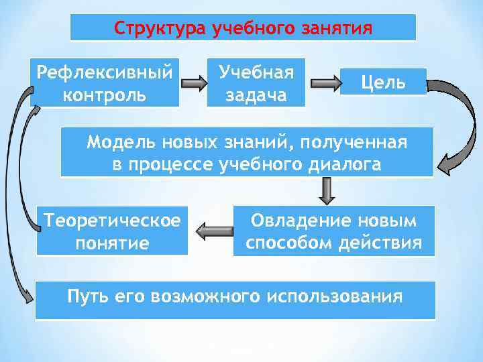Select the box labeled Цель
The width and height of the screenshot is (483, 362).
(383, 82)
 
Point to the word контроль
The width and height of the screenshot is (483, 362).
(104, 94)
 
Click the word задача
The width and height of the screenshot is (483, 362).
(256, 95)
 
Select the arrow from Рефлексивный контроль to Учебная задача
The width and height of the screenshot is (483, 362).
(194, 84)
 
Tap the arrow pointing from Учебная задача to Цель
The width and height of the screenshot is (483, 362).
(325, 84)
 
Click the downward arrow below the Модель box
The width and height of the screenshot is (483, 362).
(327, 192)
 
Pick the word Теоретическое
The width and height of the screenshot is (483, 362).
(111, 219)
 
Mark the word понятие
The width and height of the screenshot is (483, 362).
(111, 242)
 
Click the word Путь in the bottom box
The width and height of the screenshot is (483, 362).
(86, 296)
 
